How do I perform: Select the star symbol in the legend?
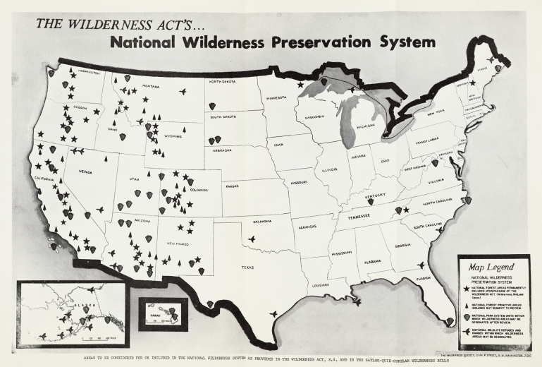(465, 289)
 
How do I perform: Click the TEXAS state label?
(248, 267)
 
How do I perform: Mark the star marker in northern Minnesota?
(301, 85)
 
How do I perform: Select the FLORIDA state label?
(424, 278)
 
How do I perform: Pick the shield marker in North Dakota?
(212, 106)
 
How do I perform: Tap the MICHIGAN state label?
(366, 126)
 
